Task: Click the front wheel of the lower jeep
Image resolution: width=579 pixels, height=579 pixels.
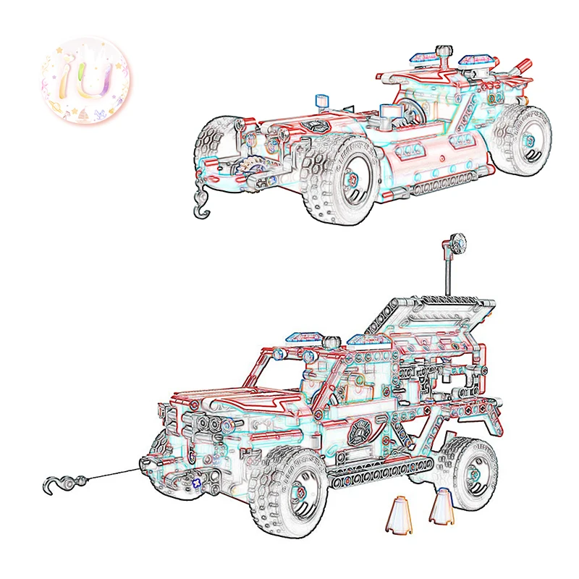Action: pyautogui.click(x=289, y=500)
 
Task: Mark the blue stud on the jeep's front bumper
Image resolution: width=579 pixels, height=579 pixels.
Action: pyautogui.click(x=195, y=481)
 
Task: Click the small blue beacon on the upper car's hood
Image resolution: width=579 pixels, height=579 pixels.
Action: pyautogui.click(x=318, y=101)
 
